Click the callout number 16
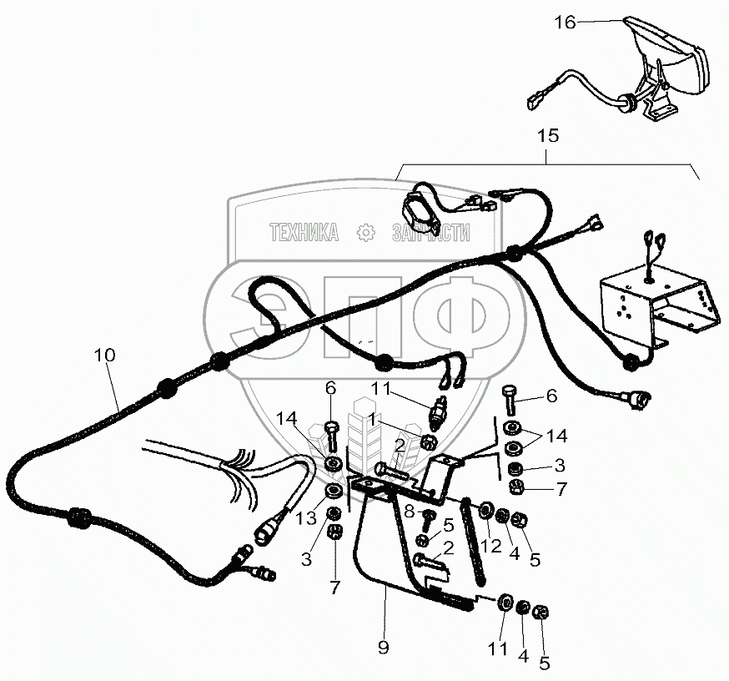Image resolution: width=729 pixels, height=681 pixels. [x=565, y=22]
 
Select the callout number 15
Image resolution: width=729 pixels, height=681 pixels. [x=548, y=134]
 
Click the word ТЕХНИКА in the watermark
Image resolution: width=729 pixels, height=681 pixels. [x=304, y=234]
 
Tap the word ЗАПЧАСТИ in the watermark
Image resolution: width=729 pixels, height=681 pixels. [x=430, y=234]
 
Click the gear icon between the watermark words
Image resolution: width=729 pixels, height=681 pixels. [x=365, y=233]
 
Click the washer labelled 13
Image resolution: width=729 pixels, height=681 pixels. [x=332, y=490]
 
